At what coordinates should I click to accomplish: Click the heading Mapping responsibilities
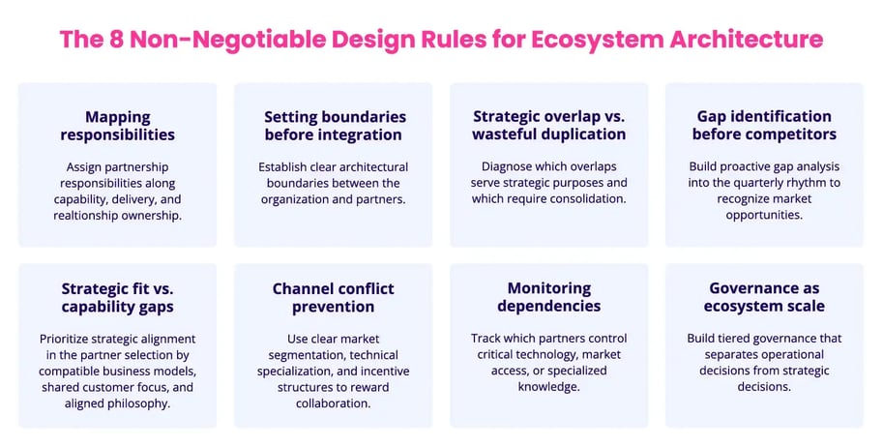tap(117, 125)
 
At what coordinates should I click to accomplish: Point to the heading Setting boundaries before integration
tap(333, 125)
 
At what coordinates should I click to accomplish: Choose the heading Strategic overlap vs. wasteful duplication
tap(548, 125)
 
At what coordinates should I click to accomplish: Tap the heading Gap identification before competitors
tap(764, 125)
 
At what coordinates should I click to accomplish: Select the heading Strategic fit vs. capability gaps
tap(117, 297)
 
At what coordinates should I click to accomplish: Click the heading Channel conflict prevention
tap(333, 297)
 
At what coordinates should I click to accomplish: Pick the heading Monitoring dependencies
tap(548, 297)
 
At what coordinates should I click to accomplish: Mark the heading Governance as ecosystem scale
tap(764, 297)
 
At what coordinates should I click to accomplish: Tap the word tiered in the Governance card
tap(740, 338)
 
